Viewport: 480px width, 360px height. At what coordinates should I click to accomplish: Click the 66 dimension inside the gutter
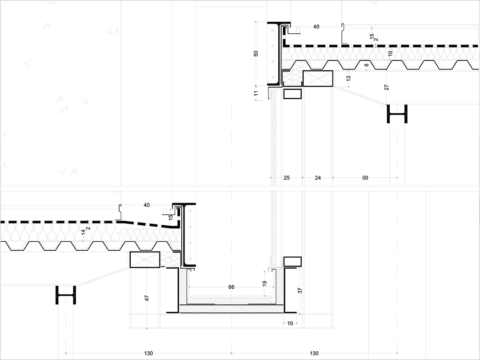pyautogui.click(x=232, y=287)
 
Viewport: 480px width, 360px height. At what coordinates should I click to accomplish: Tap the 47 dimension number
pyautogui.click(x=147, y=298)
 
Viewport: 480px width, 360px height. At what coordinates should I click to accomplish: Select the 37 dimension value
pyautogui.click(x=300, y=291)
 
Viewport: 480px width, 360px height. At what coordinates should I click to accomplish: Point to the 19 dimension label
pyautogui.click(x=264, y=284)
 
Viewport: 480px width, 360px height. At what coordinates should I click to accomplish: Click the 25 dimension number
pyautogui.click(x=287, y=178)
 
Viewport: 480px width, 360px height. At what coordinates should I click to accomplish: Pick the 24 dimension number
pyautogui.click(x=318, y=178)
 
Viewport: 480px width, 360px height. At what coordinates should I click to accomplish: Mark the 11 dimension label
pyautogui.click(x=256, y=93)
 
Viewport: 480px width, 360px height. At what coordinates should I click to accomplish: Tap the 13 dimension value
pyautogui.click(x=348, y=78)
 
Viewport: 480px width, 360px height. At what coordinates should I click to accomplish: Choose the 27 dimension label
pyautogui.click(x=387, y=88)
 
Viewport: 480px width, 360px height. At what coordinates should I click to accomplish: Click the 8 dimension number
pyautogui.click(x=366, y=65)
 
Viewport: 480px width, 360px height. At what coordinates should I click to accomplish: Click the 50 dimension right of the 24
pyautogui.click(x=365, y=178)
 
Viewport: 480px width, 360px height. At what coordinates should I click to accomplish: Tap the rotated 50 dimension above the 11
pyautogui.click(x=256, y=54)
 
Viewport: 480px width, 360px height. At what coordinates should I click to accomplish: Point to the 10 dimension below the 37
pyautogui.click(x=290, y=323)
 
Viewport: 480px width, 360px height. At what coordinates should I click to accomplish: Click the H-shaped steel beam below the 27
pyautogui.click(x=397, y=114)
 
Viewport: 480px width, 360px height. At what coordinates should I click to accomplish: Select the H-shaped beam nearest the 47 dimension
pyautogui.click(x=66, y=295)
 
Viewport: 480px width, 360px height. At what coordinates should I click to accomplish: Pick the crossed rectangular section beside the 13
pyautogui.click(x=318, y=78)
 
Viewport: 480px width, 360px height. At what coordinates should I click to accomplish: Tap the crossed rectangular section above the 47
pyautogui.click(x=145, y=260)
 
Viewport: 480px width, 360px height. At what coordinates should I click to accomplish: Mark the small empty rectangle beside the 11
pyautogui.click(x=292, y=94)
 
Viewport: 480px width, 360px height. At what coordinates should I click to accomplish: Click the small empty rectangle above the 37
pyautogui.click(x=292, y=261)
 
